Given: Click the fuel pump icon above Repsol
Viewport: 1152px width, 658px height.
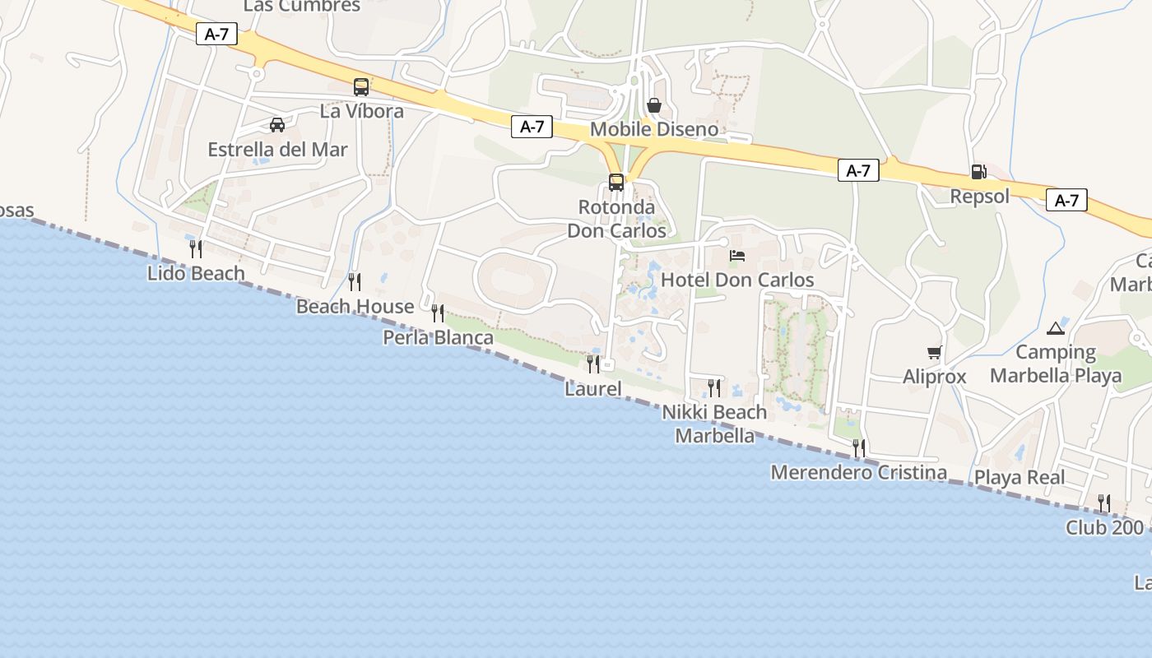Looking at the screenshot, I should point(978,172).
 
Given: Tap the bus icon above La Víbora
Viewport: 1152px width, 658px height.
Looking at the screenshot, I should point(361,86).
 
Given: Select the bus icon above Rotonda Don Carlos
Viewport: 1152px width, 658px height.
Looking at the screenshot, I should point(616,182).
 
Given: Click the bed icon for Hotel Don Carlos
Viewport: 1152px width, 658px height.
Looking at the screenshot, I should point(737,256).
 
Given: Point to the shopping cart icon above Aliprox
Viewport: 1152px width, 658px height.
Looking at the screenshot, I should point(934,353).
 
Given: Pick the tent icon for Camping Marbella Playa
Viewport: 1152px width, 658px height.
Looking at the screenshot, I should point(1055,328).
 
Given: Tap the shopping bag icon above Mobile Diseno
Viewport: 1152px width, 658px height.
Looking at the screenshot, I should point(654,105).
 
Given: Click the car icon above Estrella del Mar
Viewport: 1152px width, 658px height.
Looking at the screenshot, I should point(277,125).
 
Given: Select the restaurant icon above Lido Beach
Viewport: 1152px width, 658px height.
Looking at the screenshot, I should point(196,248).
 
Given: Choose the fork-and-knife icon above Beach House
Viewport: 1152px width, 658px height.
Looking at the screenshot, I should point(355,282).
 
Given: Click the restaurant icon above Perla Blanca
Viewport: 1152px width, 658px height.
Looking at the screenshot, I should point(438,313).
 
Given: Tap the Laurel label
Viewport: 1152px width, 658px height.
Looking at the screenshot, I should point(593,388).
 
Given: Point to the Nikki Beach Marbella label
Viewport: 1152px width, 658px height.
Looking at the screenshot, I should point(714,424).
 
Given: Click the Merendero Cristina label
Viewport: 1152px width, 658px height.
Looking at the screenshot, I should point(858,473).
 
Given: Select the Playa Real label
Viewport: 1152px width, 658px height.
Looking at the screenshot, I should point(1020,477).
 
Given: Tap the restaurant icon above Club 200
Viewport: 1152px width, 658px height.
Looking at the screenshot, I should point(1104,503).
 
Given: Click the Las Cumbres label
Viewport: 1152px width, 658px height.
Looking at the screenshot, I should point(302,7).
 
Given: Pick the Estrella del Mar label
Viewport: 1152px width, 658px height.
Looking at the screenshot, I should point(277,150).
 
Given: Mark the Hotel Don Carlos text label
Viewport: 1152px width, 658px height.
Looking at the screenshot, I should point(737,280).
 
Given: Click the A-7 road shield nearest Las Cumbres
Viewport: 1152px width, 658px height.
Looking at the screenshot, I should point(216,34).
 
